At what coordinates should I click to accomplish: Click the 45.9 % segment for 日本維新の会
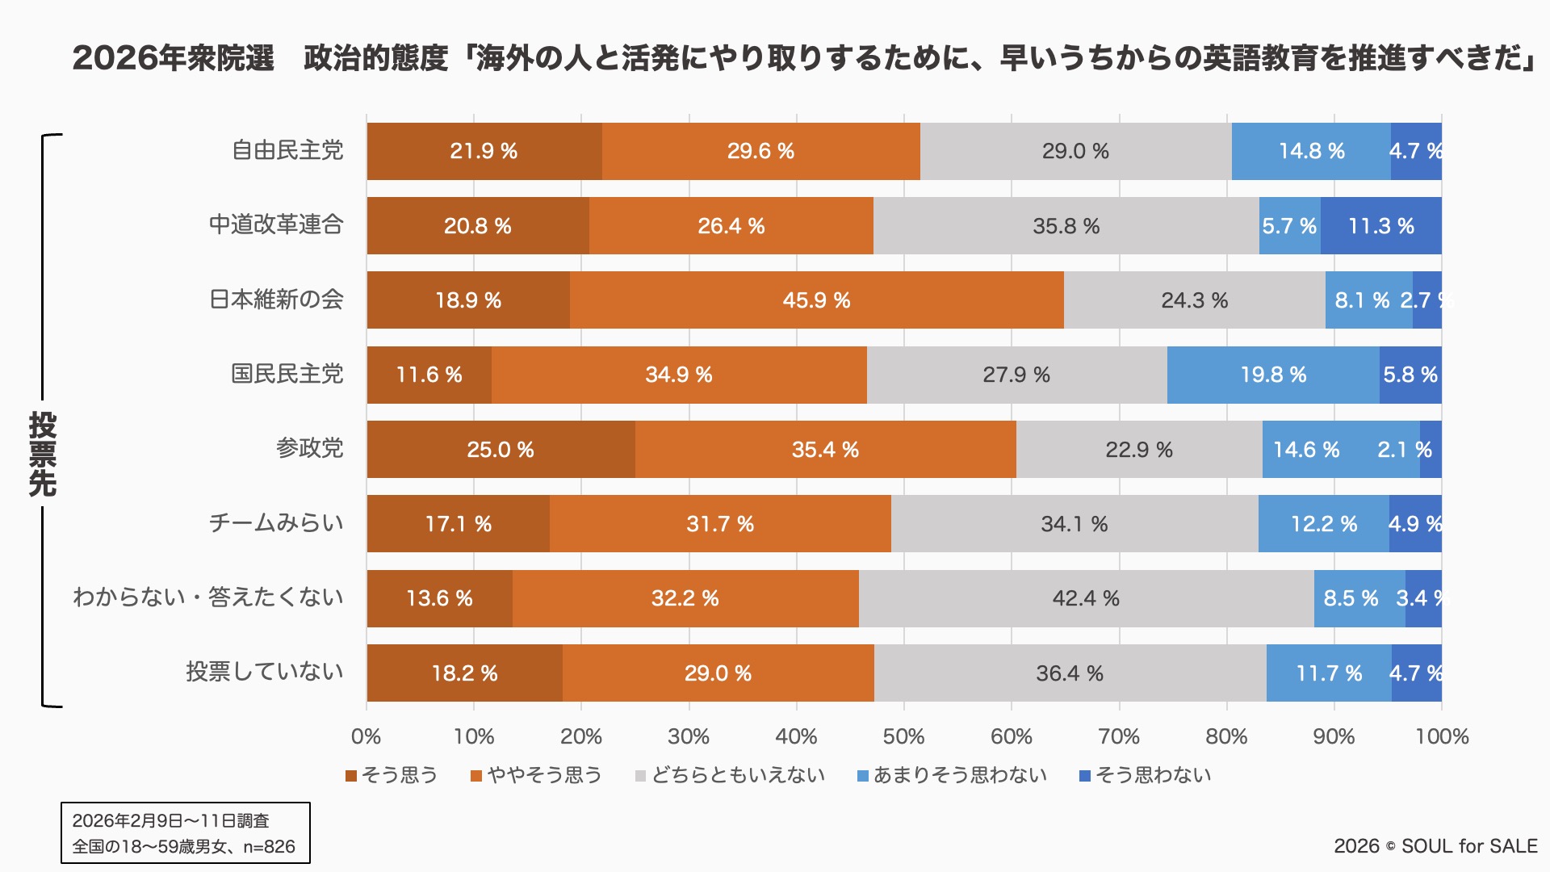tap(816, 300)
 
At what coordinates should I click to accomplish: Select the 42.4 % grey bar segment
tap(1086, 598)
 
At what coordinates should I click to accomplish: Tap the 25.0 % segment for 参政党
tap(501, 450)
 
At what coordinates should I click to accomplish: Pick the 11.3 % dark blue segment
tap(1381, 226)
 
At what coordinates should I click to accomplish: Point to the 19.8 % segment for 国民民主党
tap(1273, 375)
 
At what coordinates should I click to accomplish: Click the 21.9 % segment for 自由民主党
tap(484, 151)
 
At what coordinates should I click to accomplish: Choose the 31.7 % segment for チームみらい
tap(720, 524)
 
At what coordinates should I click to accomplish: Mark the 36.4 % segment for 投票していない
tap(1070, 673)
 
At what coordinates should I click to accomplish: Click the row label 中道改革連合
tap(276, 224)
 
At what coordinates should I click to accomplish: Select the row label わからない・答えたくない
tap(208, 597)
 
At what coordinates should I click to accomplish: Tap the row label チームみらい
tap(276, 523)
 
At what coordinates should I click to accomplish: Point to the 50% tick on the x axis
tap(903, 736)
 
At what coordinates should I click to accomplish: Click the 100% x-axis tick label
tap(1442, 736)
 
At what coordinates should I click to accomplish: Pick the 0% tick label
tap(367, 736)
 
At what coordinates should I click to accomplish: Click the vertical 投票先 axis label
tap(43, 454)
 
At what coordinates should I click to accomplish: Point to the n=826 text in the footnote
tap(270, 847)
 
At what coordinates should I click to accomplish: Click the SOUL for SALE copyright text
tap(1435, 846)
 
